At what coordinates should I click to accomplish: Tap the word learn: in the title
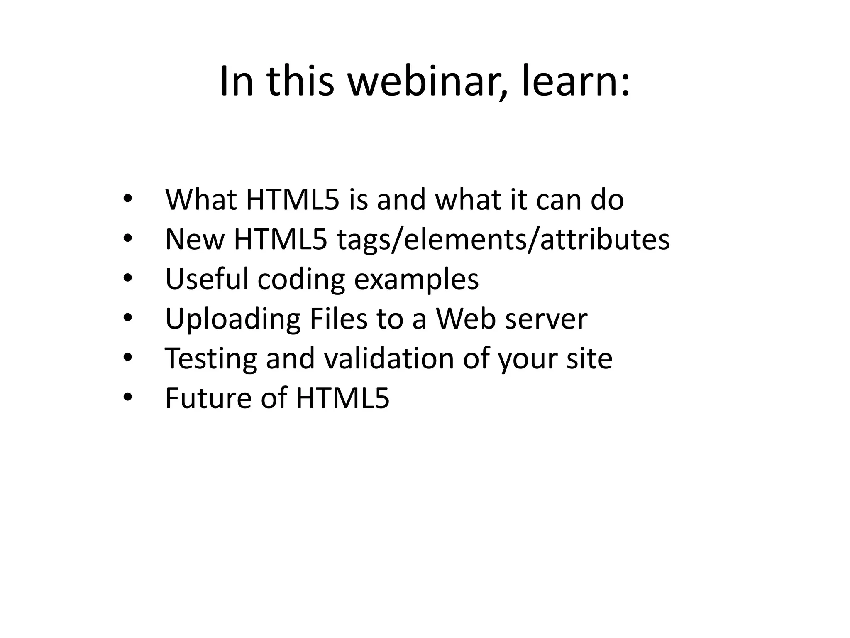click(575, 82)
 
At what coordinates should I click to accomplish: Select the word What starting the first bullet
click(201, 200)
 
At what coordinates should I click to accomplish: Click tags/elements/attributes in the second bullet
click(503, 240)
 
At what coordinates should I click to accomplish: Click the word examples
click(416, 280)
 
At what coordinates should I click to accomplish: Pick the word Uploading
click(232, 319)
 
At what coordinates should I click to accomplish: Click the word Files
click(339, 319)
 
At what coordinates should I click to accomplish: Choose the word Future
click(208, 398)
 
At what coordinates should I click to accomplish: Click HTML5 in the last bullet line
click(342, 398)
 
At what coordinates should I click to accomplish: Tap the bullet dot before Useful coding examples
click(127, 278)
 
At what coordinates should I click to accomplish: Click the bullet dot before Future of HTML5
click(127, 397)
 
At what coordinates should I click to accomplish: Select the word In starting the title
click(236, 82)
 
